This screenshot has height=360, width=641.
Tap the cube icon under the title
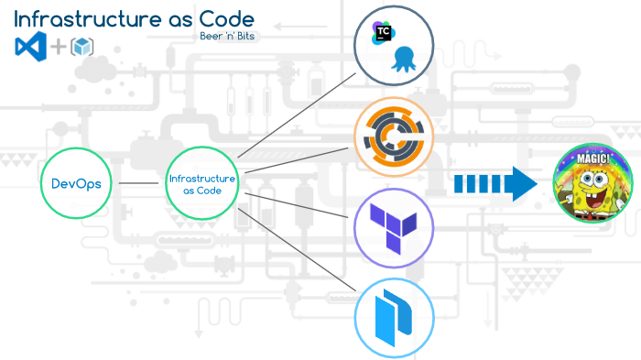82,47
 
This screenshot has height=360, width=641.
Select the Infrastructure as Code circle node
201,183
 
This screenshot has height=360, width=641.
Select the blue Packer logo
395,317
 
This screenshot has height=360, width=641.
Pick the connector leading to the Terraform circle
298,203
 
